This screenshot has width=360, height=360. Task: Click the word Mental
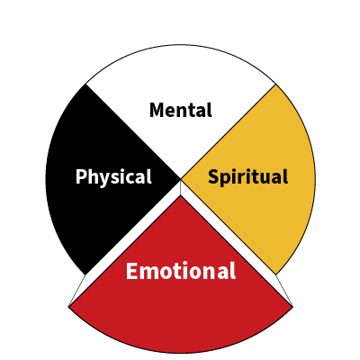181,110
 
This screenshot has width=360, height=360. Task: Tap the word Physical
113,177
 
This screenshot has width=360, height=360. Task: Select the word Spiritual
247,177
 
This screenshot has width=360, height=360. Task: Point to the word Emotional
181,271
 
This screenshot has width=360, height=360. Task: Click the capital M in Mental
157,110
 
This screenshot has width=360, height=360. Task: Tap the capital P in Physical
81,176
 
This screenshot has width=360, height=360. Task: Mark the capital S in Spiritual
214,176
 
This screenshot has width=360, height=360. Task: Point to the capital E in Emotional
131,271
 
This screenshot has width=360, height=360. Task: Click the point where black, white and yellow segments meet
181,180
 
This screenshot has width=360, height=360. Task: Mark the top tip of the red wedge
181,195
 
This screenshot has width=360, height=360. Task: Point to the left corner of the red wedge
68,307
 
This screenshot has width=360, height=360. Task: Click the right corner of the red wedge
292,307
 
